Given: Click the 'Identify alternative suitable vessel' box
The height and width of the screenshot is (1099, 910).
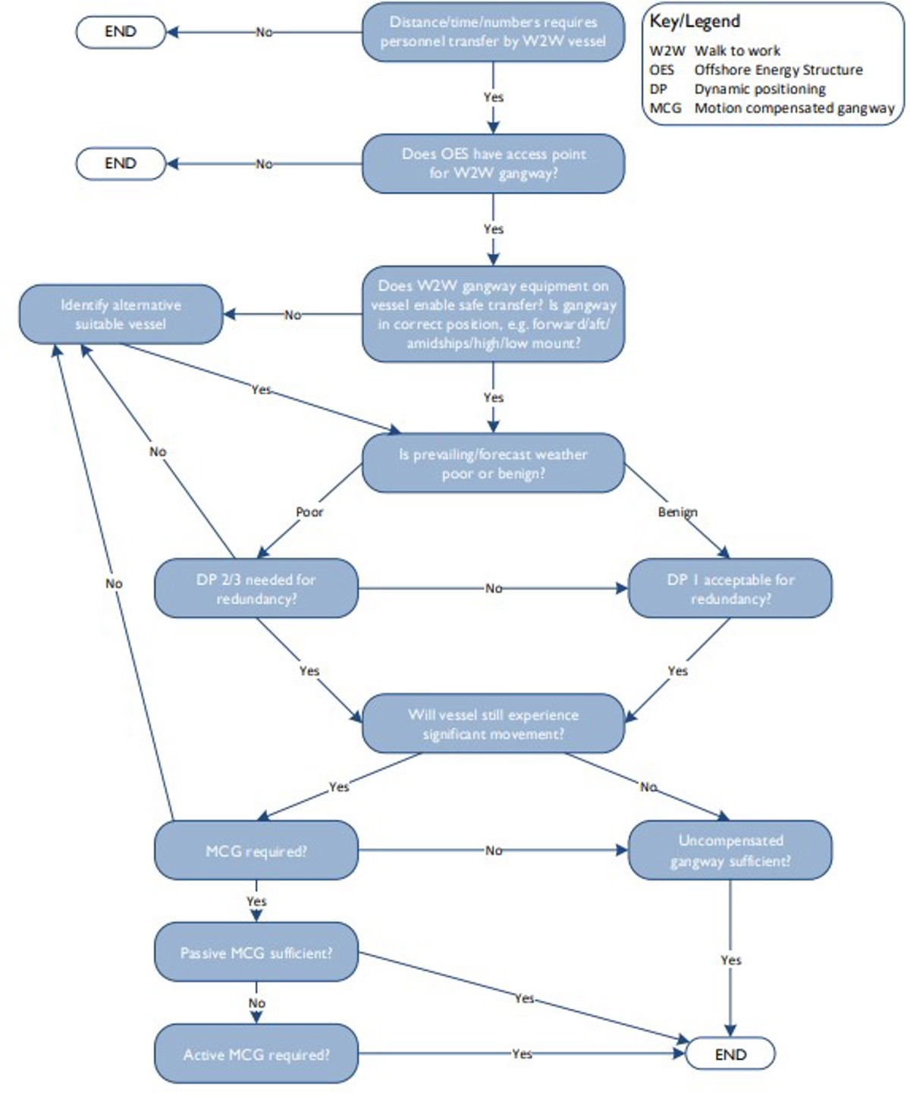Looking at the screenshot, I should pos(121,314).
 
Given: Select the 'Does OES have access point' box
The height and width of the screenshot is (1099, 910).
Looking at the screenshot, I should pos(493,164).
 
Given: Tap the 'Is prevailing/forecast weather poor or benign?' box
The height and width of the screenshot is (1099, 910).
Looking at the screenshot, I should pos(493,463).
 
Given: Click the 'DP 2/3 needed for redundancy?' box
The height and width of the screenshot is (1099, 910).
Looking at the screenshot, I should pos(256,589).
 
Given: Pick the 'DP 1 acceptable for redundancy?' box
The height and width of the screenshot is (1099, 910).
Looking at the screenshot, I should pos(730,589).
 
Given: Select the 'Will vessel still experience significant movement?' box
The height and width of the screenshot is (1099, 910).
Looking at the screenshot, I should pos(493,724).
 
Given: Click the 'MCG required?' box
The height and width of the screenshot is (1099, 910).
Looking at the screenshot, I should pos(256,850).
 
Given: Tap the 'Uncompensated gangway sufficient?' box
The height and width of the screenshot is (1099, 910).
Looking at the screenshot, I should pos(730,850).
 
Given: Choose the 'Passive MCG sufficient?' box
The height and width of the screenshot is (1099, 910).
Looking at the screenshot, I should pos(256,953).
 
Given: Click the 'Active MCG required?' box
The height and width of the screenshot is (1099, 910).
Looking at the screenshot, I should pos(256,1054).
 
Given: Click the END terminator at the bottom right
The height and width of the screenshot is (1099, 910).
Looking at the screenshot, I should pos(730,1054).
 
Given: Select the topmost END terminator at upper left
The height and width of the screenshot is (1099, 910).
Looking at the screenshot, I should pos(121,32).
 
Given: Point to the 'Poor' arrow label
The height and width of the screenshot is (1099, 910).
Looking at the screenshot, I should pos(309,512).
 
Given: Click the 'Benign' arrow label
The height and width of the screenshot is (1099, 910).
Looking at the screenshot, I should pos(677,512).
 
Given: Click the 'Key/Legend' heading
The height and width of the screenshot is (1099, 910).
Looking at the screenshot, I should pos(695,21).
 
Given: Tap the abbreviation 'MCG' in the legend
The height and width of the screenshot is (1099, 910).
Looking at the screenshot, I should pos(665,108).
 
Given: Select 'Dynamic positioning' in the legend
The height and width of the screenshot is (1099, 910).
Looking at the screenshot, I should pos(760,89).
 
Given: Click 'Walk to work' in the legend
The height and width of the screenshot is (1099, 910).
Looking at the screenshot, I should pos(737,51).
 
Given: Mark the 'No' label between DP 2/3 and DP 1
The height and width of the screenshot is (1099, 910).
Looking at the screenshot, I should pos(494,589).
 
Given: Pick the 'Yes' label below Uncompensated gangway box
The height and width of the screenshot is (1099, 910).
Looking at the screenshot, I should pos(730,960).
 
